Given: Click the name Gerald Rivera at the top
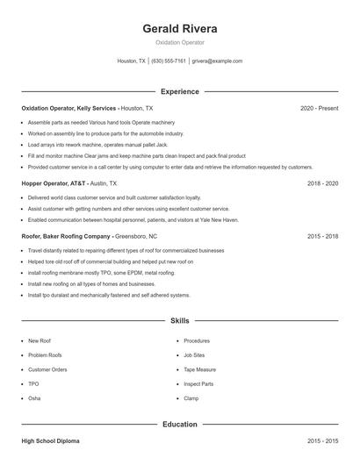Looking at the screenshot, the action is (180, 28).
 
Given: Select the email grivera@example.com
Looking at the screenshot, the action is (217, 61).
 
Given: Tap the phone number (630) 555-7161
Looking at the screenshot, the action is (169, 61).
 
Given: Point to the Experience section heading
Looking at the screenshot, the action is (180, 91).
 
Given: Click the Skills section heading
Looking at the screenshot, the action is (180, 322).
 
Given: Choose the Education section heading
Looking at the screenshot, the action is (180, 425).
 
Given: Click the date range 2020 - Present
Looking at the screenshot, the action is (319, 108).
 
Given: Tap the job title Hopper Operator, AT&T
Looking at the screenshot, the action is (54, 184).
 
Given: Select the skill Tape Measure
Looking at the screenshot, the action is (201, 369).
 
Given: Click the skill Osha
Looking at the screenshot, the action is (33, 398).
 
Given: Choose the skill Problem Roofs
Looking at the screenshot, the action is (46, 354).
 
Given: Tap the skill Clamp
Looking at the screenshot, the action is (191, 398).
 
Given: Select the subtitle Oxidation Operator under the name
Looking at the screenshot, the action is (180, 42).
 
